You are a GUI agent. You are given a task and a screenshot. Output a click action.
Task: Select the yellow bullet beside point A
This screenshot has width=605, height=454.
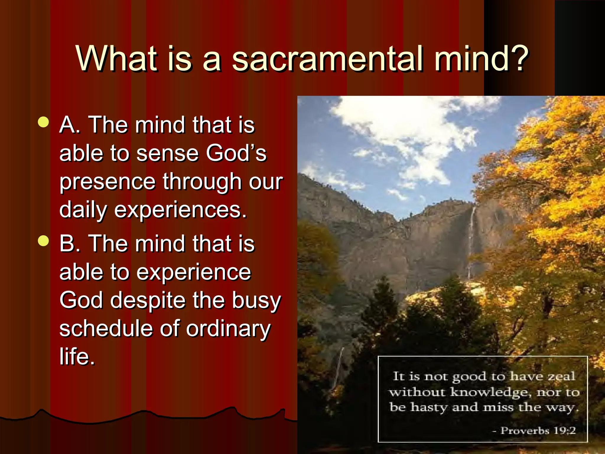coord(43,122)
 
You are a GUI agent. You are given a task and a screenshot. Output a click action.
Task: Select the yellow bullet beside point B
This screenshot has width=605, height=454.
coord(43,241)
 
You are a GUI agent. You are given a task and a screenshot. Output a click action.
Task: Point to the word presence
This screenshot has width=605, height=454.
coord(107,182)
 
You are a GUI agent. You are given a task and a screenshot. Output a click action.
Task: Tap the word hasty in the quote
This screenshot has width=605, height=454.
coord(429,407)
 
